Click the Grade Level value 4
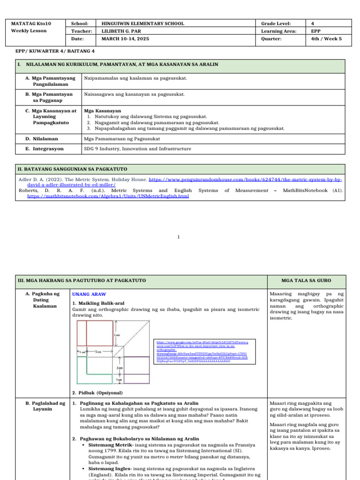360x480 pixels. [x=313, y=23]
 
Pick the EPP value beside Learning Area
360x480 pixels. [x=315, y=31]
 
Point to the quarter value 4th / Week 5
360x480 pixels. [x=326, y=39]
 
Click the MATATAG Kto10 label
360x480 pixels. [x=31, y=23]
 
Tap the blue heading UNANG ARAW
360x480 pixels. [x=86, y=294]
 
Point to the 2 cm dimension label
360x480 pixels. [x=120, y=368]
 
